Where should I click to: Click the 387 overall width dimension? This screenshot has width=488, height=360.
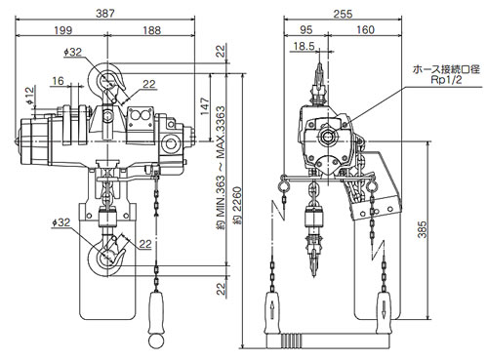(x=105, y=14)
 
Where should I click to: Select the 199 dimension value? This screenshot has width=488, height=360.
(x=63, y=30)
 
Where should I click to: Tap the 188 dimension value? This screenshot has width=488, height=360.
(x=151, y=30)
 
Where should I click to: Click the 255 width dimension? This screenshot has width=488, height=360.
(x=343, y=14)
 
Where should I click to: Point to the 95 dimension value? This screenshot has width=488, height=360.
(x=305, y=30)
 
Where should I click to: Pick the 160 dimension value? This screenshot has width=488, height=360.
(x=365, y=30)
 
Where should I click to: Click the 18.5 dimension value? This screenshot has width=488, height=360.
(x=305, y=46)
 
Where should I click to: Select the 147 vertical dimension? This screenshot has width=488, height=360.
(x=205, y=106)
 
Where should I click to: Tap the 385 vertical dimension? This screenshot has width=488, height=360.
(x=422, y=229)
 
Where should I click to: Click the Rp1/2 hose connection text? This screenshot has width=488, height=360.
(x=446, y=80)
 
